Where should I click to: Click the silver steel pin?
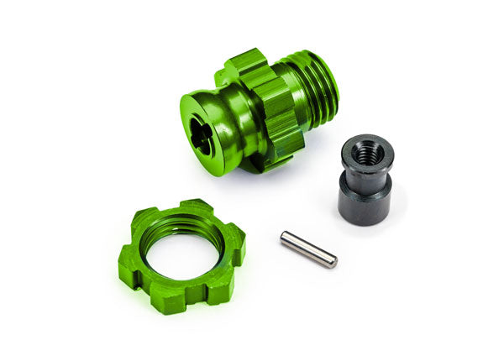[x=308, y=249]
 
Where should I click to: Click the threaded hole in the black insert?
[x=366, y=154]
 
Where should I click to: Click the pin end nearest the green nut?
[x=285, y=238]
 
